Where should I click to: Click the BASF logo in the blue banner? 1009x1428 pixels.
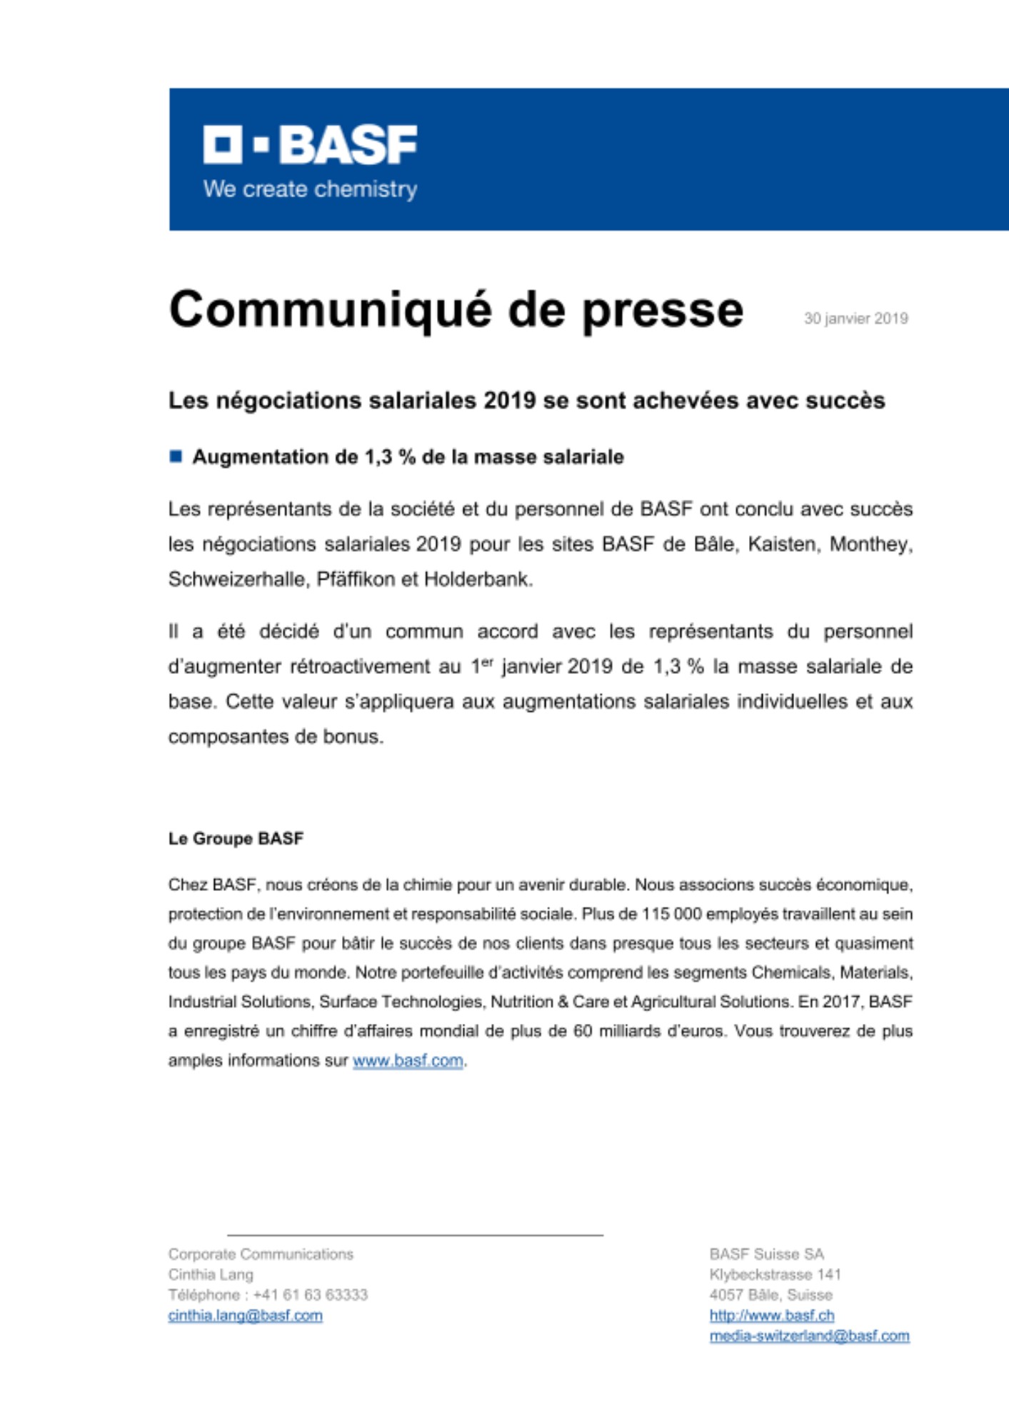coord(310,145)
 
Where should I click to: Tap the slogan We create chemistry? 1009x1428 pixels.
coord(310,189)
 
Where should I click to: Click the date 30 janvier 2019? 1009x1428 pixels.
coord(855,318)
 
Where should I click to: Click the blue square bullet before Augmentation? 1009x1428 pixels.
coord(176,456)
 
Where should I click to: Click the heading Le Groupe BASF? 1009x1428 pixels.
coord(236,838)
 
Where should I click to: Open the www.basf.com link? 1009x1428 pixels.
coord(408,1061)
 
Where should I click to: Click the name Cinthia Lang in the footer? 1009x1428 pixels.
coord(211,1274)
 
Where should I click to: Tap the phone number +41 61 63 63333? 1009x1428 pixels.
coord(310,1294)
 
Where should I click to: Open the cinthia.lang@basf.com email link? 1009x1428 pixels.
coord(245,1315)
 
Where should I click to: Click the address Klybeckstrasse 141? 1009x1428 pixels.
coord(775,1274)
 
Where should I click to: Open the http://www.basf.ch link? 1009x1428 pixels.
coord(771,1315)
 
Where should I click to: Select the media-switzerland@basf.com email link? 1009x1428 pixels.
coord(809,1336)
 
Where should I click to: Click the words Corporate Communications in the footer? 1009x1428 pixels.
coord(261,1254)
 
